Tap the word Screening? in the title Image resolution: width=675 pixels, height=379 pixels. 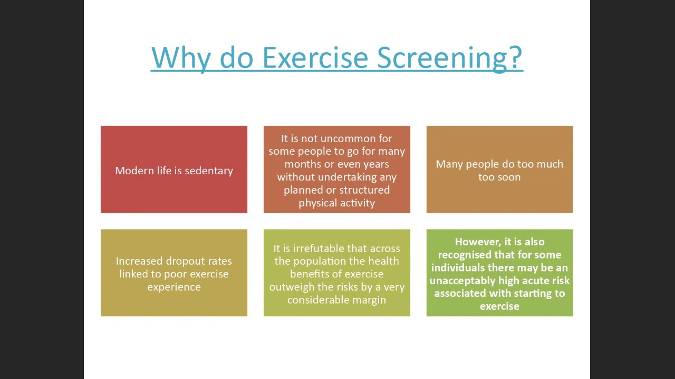point(450,59)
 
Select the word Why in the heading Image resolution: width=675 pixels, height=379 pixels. point(181,59)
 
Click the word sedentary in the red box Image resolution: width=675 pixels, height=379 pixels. point(209,171)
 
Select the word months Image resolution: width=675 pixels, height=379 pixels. point(302,164)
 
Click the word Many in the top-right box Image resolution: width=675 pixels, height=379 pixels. point(449,165)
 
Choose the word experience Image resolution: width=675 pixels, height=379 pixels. point(174,287)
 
